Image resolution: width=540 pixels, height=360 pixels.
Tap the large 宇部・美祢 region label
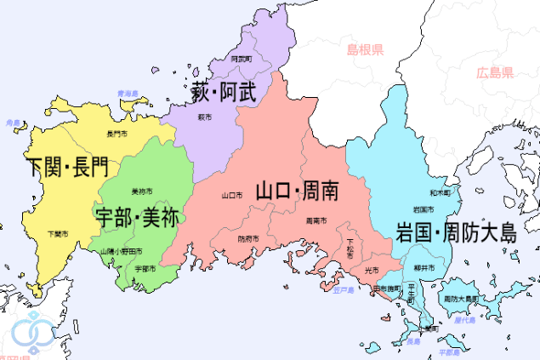coord(138,216)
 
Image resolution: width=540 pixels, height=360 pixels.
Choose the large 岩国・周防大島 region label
coord(455,231)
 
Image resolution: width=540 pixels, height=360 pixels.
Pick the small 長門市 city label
coord(116,134)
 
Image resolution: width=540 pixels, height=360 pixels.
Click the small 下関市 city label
coord(58,233)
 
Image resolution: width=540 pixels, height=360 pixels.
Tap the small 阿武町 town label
coord(242,60)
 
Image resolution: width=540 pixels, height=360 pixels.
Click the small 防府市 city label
coord(247,238)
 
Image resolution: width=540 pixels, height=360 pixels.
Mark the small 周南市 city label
coord(315,220)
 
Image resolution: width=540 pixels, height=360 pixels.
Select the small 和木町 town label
coord(439,193)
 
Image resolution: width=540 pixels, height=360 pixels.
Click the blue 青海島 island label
coord(128,92)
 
